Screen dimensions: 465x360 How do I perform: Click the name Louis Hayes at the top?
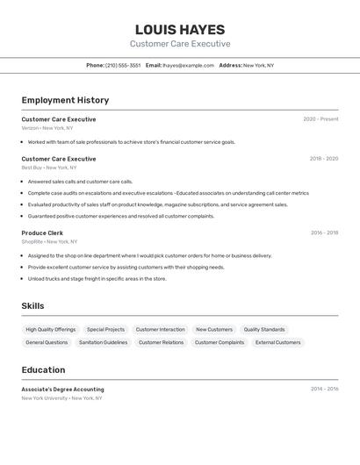pos(180,30)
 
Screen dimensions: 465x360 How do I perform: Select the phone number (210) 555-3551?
pos(123,65)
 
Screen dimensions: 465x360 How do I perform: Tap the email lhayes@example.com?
pos(188,65)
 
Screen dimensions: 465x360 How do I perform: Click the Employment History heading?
pos(65,100)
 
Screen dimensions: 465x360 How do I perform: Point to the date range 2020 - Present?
pos(320,119)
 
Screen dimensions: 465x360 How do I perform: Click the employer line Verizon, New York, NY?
pos(47,128)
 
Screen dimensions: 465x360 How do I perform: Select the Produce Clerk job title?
pos(42,232)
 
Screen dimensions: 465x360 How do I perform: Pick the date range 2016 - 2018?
pos(324,232)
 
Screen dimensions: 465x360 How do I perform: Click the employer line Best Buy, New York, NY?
pos(49,168)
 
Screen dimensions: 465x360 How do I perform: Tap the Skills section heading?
pos(33,305)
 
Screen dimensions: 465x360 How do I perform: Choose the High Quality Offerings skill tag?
pos(51,330)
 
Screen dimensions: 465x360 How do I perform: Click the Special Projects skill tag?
pos(105,330)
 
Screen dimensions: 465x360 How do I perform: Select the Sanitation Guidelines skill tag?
pos(103,342)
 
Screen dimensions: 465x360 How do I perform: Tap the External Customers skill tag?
pos(277,342)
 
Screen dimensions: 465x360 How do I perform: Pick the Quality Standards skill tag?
pos(264,330)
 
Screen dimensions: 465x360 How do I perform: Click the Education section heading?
pos(43,369)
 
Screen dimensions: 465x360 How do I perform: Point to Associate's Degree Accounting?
pos(62,389)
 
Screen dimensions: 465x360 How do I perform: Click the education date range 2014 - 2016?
pos(324,389)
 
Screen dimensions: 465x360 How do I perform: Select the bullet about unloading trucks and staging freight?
pos(97,279)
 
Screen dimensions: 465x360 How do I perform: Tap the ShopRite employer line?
pos(49,241)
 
